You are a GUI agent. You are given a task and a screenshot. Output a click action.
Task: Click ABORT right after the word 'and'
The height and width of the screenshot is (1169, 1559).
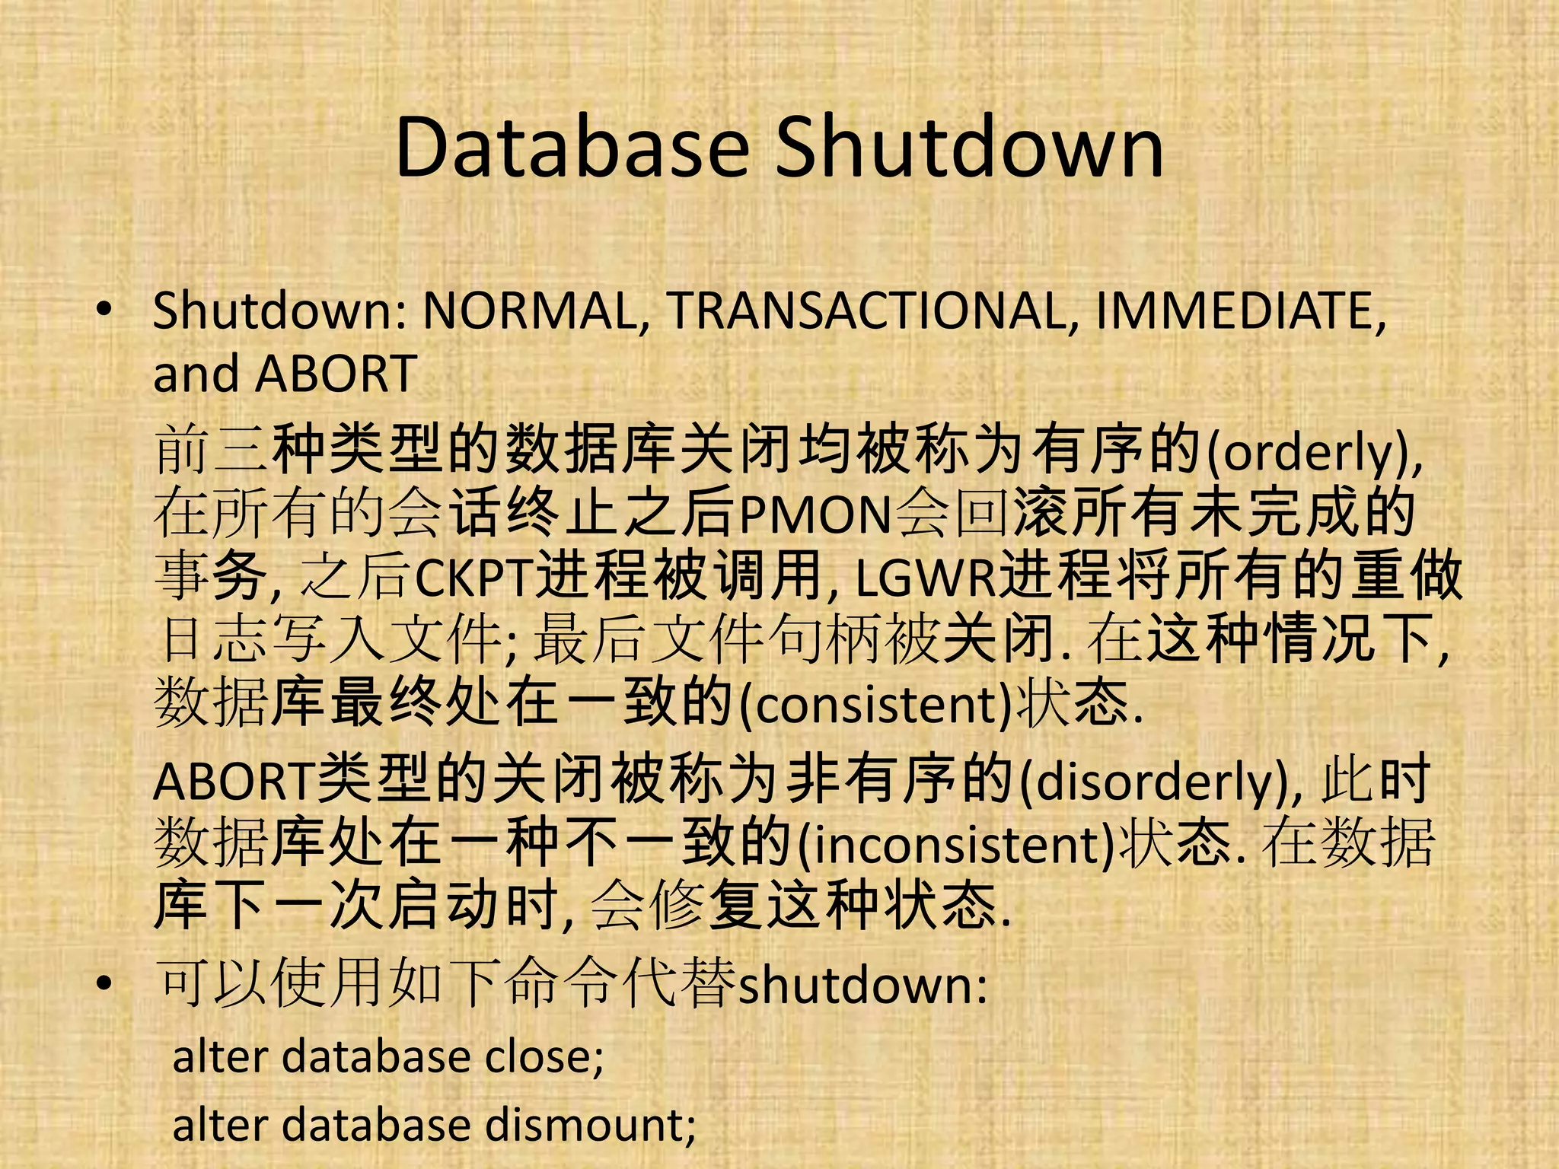(336, 374)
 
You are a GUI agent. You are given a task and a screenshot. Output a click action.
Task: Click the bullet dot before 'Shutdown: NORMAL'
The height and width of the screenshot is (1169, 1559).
(104, 310)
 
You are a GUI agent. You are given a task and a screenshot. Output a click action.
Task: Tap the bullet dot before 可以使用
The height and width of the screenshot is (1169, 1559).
(104, 983)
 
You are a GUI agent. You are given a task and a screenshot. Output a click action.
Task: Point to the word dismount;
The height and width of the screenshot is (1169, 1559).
(591, 1125)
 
